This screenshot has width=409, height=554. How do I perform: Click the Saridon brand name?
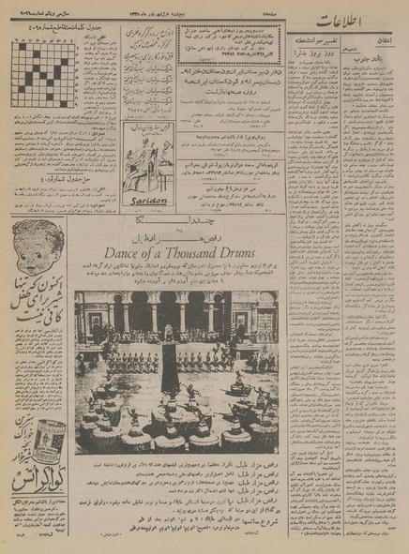[x=145, y=199]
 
